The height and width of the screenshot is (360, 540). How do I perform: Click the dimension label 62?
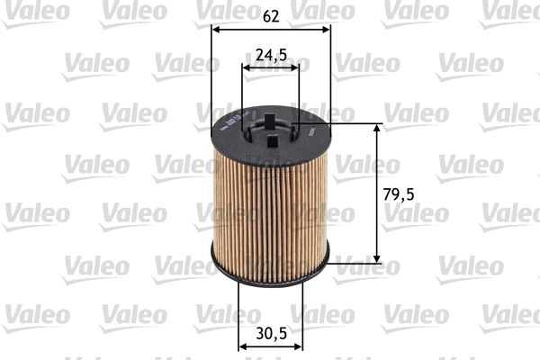pos(271,14)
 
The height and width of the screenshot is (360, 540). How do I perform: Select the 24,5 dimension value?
pos(271,55)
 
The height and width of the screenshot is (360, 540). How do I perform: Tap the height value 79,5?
pos(401,193)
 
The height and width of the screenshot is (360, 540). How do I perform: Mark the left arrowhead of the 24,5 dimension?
pos(247,67)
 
